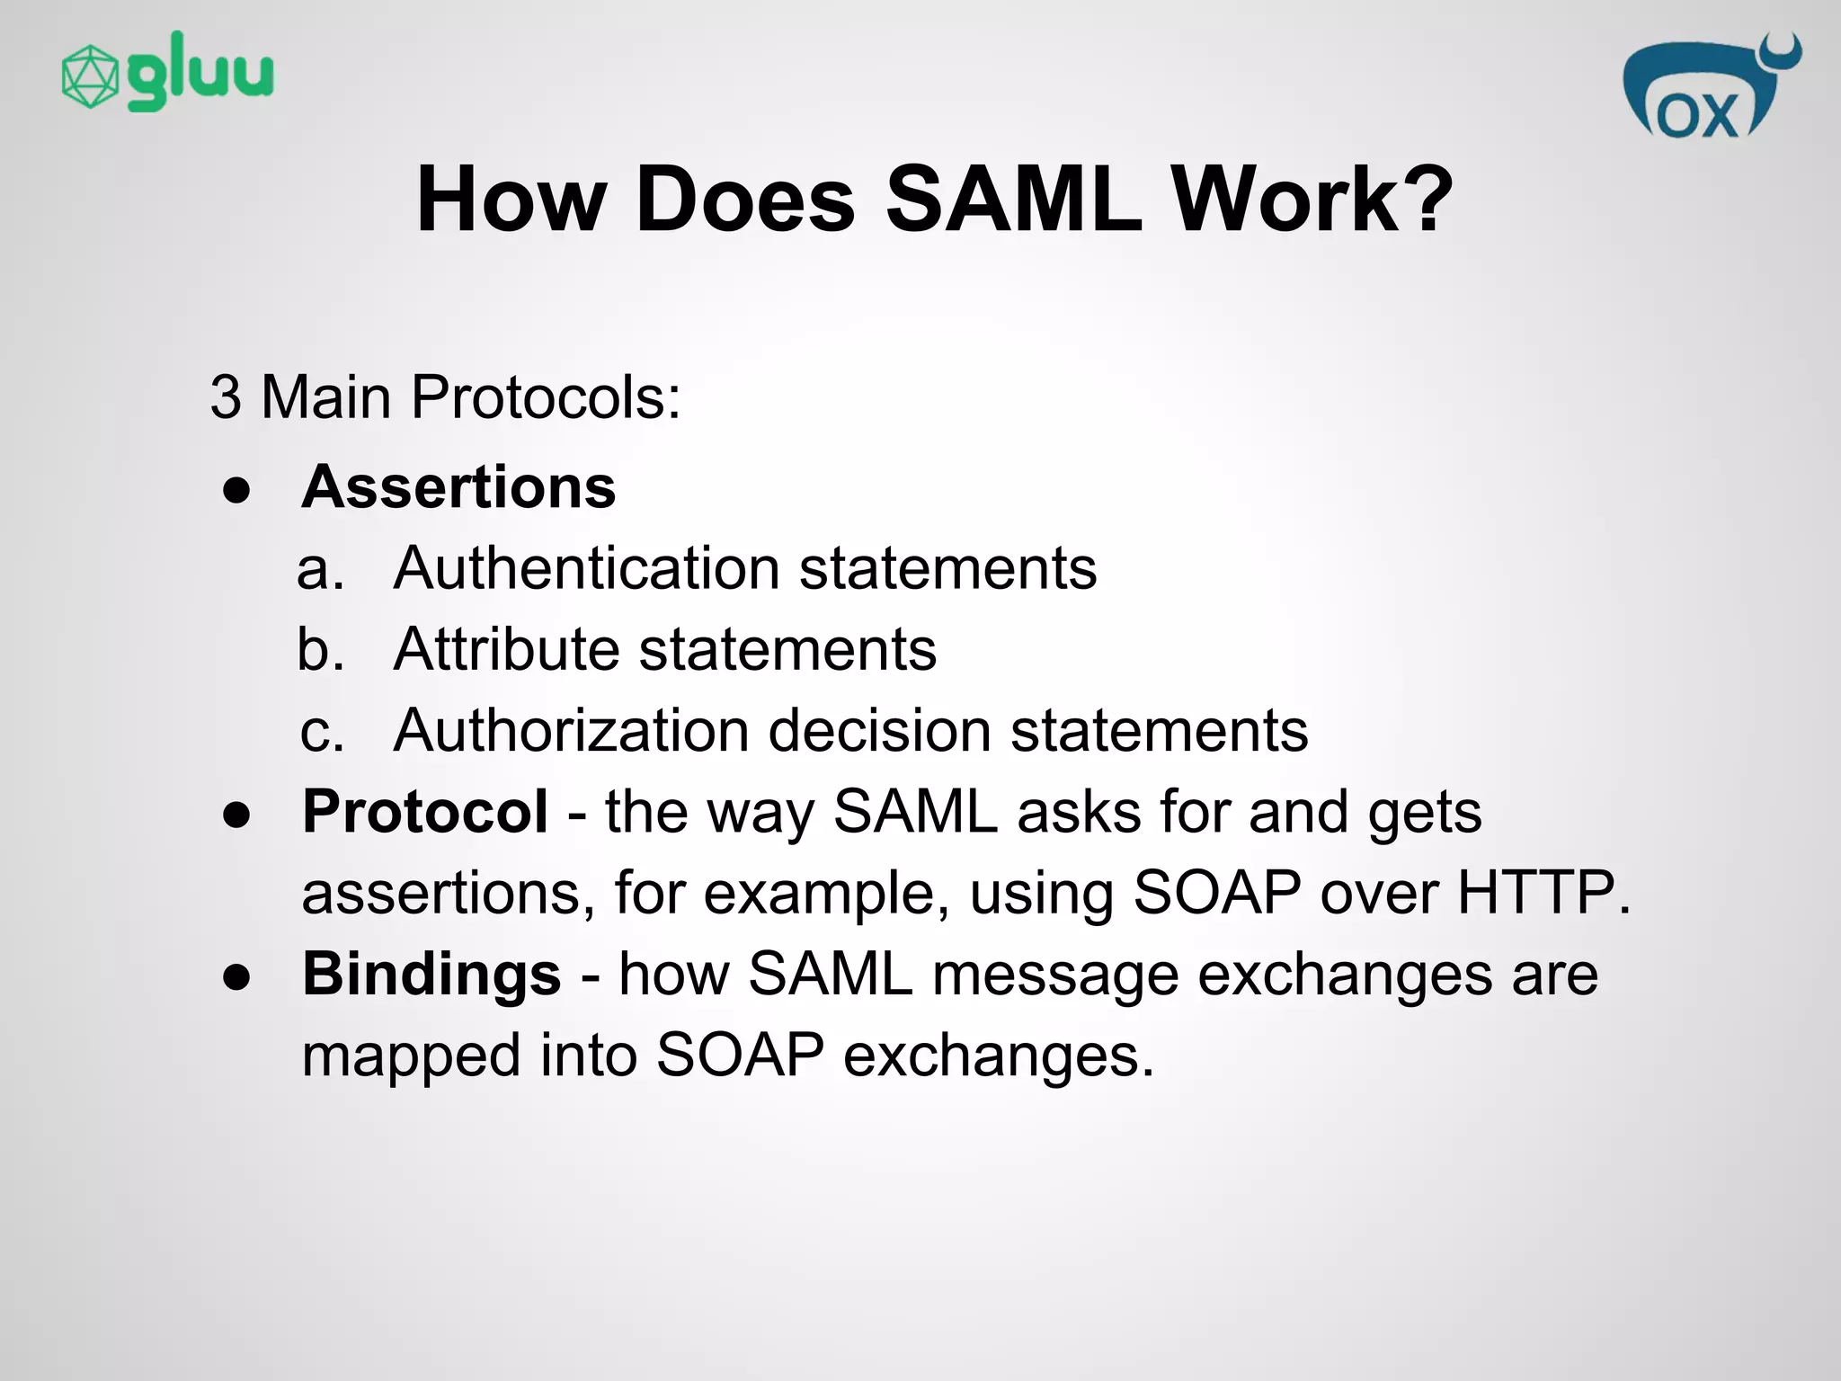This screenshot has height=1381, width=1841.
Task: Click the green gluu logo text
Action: coord(200,72)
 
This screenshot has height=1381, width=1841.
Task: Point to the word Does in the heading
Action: coord(745,199)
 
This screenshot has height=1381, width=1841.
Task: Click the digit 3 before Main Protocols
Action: coord(226,396)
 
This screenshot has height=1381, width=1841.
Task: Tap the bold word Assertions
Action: coord(458,486)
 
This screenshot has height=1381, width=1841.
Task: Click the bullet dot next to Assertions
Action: coord(236,491)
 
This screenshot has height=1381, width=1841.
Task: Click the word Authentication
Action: coord(586,568)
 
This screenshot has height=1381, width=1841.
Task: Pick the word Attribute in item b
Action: coord(505,649)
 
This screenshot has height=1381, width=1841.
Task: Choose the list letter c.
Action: coord(321,731)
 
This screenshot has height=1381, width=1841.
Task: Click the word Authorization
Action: coord(571,730)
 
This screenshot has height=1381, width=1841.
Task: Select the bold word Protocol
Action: coord(424,811)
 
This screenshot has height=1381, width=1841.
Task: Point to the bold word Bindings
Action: coord(431,974)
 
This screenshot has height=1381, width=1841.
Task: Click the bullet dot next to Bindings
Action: coord(236,978)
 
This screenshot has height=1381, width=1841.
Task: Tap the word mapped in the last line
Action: coord(411,1055)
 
